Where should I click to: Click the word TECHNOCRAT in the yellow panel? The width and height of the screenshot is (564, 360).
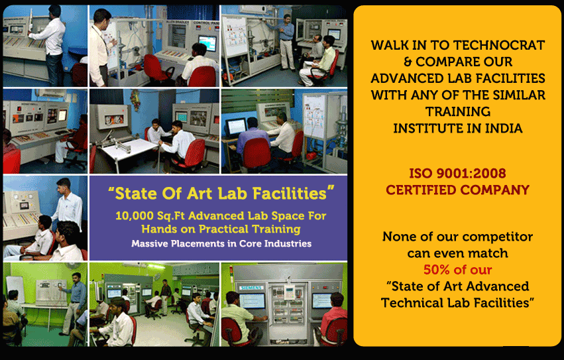499,45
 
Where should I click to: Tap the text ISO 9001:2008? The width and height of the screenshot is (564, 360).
457,174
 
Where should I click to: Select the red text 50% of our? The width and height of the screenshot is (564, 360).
457,270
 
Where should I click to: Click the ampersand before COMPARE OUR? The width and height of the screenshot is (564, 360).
408,62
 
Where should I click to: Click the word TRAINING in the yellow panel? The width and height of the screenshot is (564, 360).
458,112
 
